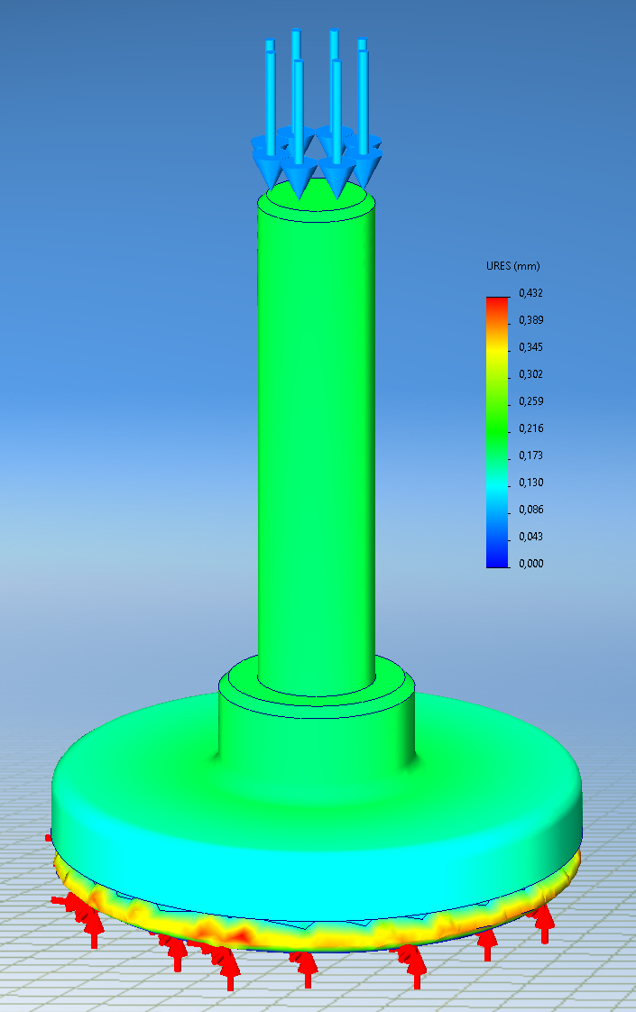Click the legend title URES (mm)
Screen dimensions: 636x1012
click(x=512, y=266)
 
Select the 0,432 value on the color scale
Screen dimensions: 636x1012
click(x=530, y=293)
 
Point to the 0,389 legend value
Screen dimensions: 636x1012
click(x=530, y=320)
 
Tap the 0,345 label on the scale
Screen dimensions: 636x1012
click(x=530, y=347)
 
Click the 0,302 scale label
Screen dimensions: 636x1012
click(x=530, y=374)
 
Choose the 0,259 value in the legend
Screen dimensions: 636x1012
click(x=530, y=401)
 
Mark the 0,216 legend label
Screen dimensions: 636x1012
click(x=530, y=428)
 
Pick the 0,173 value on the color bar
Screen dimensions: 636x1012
click(x=530, y=455)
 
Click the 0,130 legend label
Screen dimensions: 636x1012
click(x=530, y=483)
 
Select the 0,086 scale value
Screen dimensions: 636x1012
click(x=530, y=510)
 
